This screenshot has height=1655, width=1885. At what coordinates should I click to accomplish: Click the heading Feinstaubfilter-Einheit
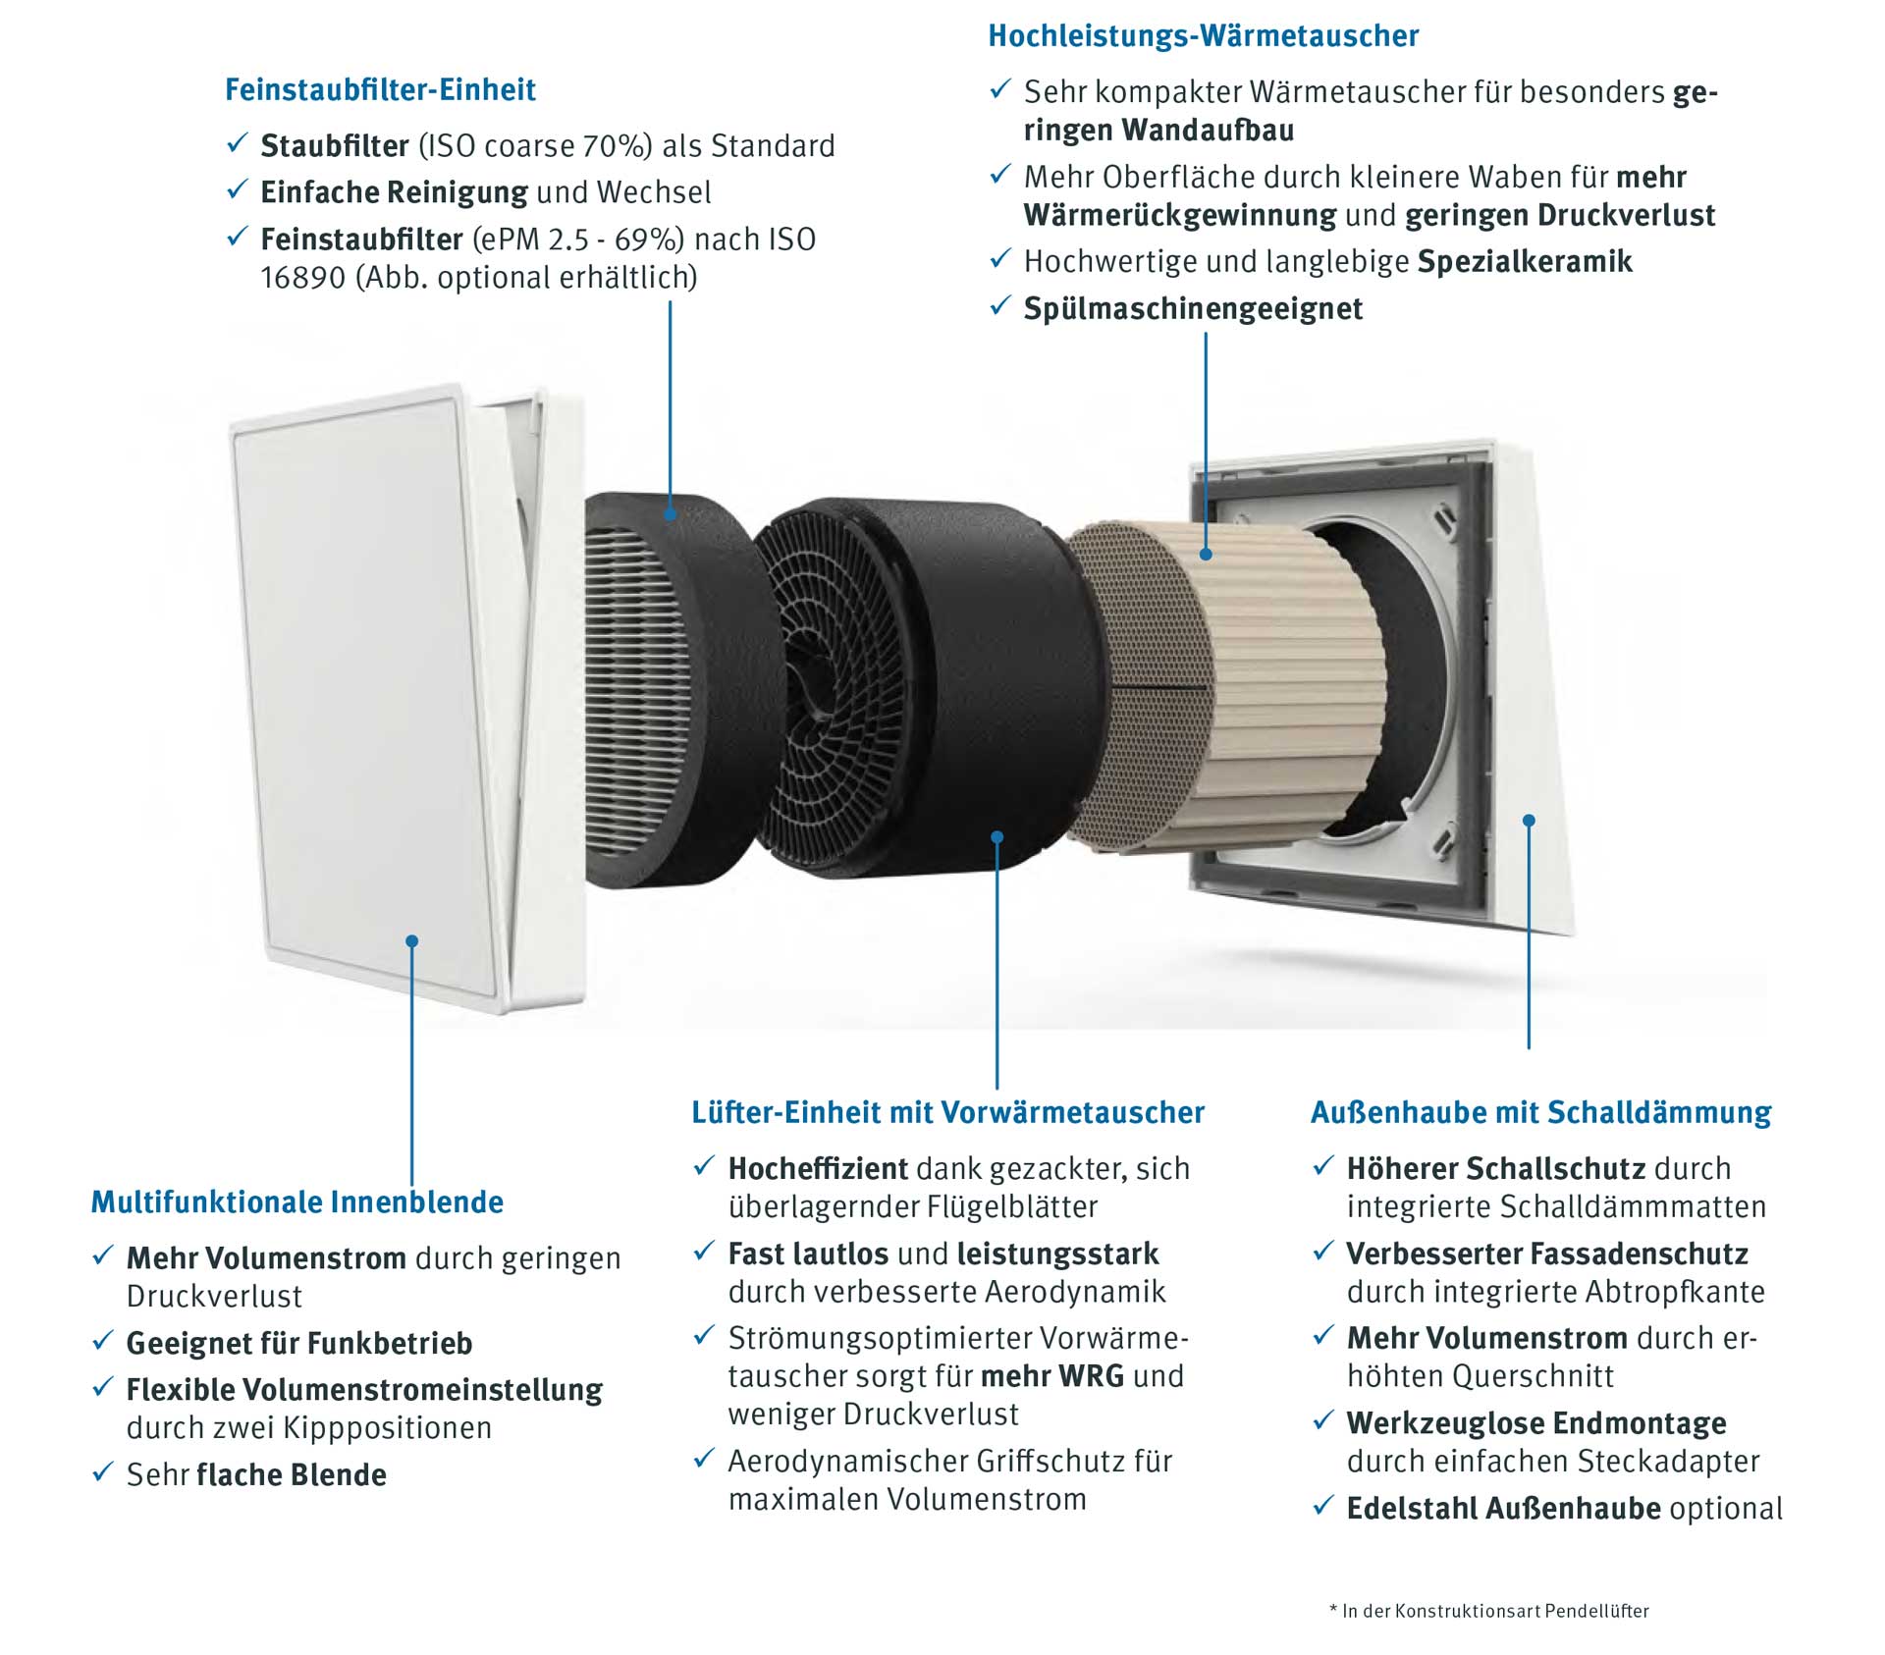(380, 90)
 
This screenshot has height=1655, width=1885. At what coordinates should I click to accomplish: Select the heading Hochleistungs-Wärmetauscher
(1203, 36)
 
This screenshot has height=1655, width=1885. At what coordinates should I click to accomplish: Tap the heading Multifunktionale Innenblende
(297, 1201)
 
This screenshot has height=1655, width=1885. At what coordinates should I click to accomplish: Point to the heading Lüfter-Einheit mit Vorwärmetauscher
(947, 1112)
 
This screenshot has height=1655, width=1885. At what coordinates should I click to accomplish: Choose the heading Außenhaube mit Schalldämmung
(1540, 1112)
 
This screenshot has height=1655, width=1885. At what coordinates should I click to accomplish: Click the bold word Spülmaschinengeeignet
(1193, 309)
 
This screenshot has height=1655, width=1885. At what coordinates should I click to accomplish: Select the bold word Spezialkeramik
(1525, 262)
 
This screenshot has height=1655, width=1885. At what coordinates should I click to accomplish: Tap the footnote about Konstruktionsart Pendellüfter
(1489, 1611)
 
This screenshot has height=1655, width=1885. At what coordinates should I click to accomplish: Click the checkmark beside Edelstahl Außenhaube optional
(1323, 1505)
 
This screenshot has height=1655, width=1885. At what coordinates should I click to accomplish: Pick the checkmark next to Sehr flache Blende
(103, 1471)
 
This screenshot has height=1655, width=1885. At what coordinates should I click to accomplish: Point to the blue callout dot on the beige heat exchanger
(1206, 555)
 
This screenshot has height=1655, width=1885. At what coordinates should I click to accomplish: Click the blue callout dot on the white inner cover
(412, 941)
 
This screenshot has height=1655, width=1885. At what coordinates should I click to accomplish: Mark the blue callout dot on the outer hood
(1529, 821)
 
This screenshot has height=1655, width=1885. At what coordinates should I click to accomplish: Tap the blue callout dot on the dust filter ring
(670, 513)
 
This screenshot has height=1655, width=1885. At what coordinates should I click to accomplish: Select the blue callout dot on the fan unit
(996, 837)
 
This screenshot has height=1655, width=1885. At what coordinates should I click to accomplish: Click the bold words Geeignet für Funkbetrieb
(299, 1343)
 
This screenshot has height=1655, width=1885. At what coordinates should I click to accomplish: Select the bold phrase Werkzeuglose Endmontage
(1536, 1422)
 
